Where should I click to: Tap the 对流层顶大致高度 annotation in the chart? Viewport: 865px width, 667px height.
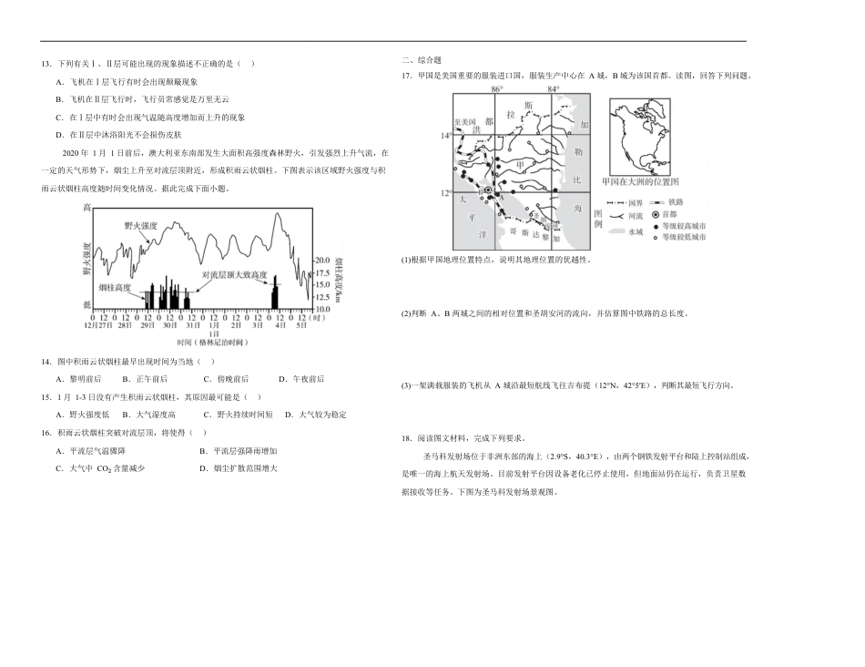tap(234, 274)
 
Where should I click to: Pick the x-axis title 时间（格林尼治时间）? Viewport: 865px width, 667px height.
tap(213, 342)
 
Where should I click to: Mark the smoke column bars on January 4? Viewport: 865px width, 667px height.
tap(274, 292)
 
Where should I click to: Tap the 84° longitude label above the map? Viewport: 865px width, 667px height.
tap(553, 89)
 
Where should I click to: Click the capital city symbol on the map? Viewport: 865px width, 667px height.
tap(488, 190)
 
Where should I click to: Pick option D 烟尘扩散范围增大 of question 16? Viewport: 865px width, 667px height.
tap(239, 467)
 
